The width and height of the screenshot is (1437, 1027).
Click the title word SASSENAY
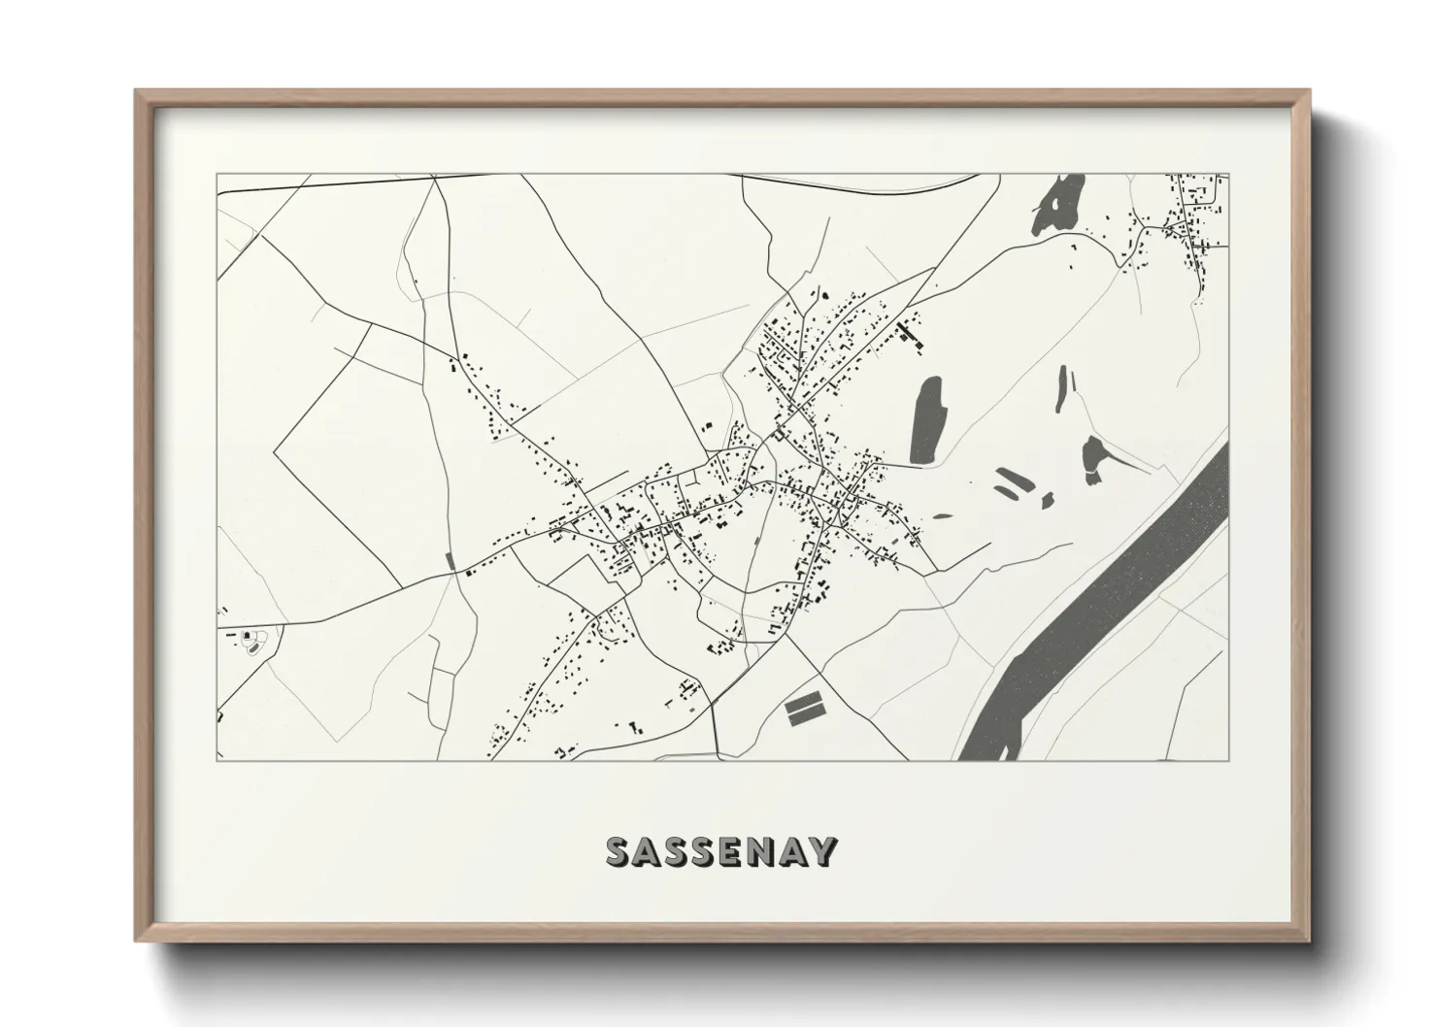pyautogui.click(x=719, y=851)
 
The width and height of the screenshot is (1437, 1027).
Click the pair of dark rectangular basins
pyautogui.click(x=804, y=709)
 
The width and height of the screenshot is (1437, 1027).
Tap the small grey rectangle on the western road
pyautogui.click(x=449, y=560)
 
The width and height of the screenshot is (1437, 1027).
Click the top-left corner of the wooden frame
pyautogui.click(x=137, y=92)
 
